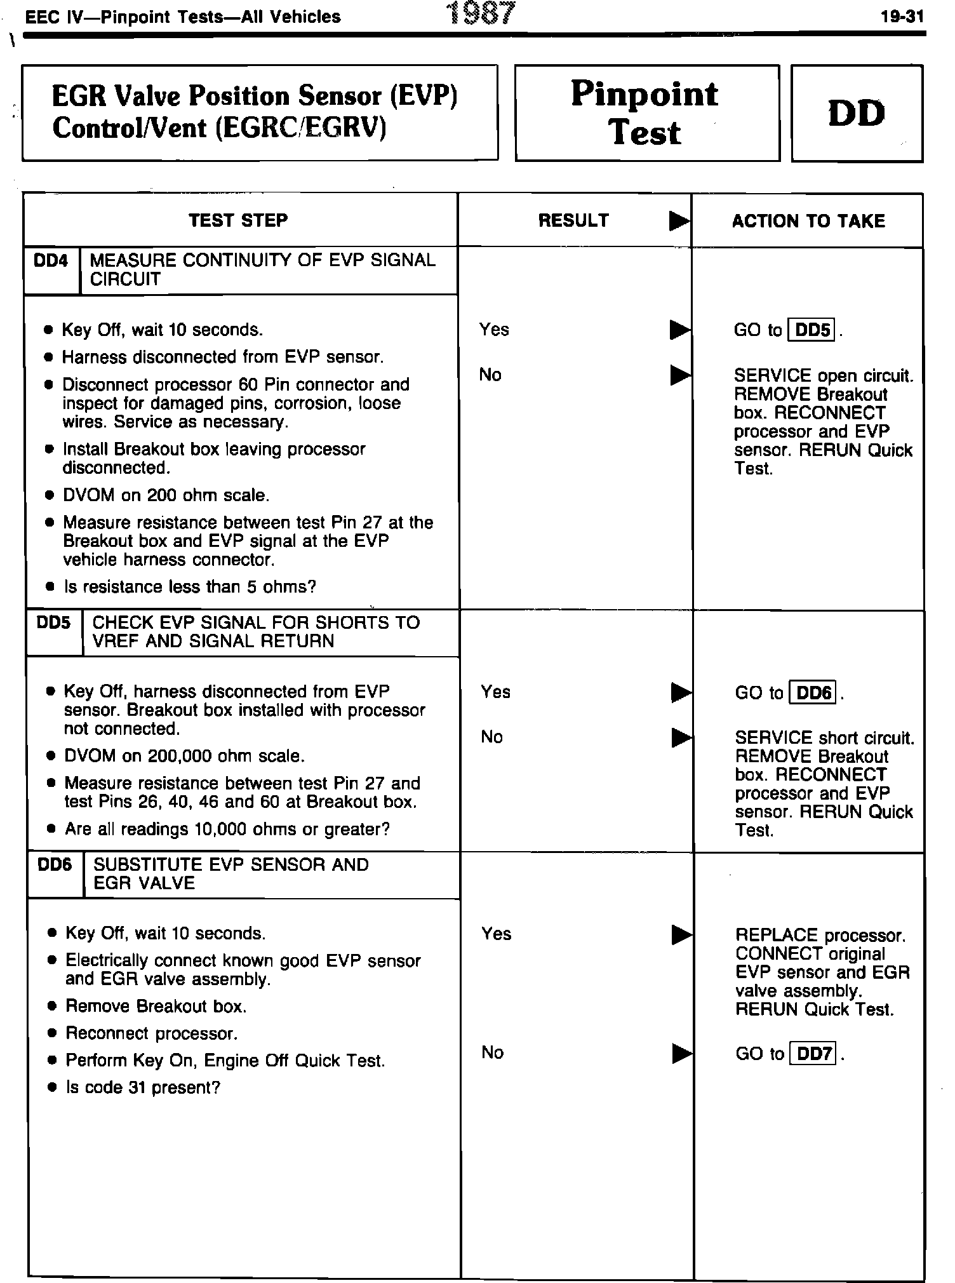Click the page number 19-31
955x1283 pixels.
[902, 17]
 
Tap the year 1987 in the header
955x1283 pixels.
[481, 13]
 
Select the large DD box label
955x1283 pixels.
[857, 113]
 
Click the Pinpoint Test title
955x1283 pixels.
[645, 113]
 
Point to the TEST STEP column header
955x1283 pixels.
[238, 220]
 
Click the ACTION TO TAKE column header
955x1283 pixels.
[808, 221]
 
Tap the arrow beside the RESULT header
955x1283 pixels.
[679, 221]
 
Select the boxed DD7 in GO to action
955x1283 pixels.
[813, 1054]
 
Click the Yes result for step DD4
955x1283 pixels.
[494, 330]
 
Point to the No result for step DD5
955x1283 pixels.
[492, 737]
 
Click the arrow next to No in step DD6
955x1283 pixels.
[682, 1054]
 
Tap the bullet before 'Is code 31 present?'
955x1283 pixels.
[53, 1089]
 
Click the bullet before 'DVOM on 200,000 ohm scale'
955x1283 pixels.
[51, 757]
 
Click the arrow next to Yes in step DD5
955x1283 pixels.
[681, 692]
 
